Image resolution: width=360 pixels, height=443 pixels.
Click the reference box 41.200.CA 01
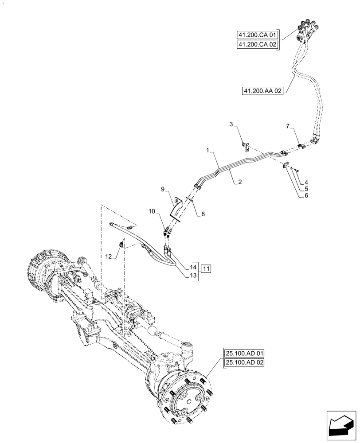tap(256, 35)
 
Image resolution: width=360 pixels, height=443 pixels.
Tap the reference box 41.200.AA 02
tap(263, 91)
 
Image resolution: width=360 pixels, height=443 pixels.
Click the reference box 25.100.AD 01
tap(245, 354)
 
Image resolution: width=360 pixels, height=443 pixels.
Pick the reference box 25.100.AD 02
tap(245, 363)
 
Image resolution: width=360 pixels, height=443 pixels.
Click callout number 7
tap(289, 127)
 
